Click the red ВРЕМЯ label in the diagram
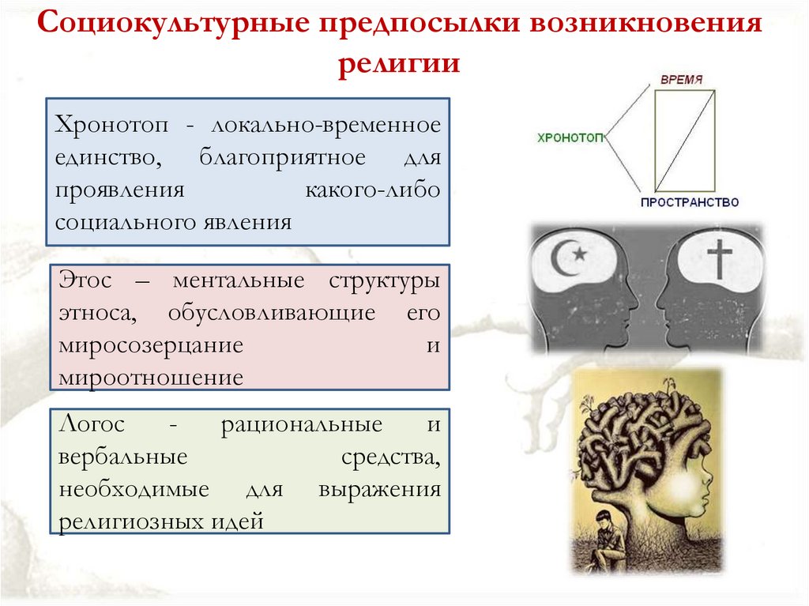(x=682, y=80)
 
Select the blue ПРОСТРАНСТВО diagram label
(x=690, y=202)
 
